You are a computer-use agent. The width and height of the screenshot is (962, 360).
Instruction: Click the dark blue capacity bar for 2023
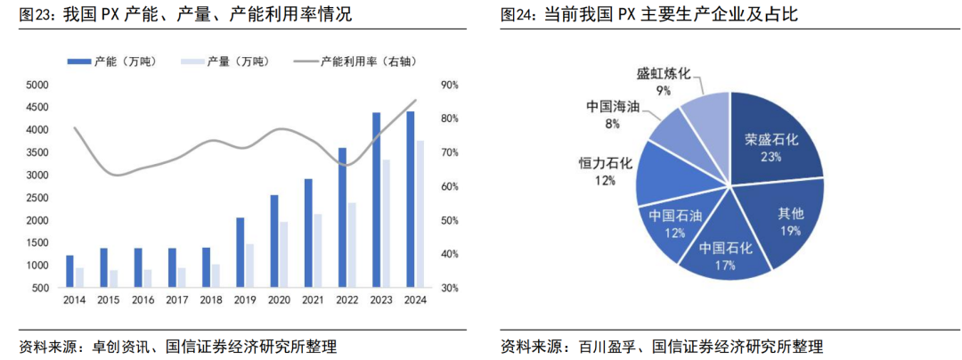[x=376, y=200]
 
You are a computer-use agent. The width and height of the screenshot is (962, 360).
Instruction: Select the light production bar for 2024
[x=420, y=214]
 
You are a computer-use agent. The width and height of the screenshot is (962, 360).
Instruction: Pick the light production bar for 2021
[x=317, y=250]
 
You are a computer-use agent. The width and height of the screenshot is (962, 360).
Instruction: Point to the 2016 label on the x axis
[x=143, y=299]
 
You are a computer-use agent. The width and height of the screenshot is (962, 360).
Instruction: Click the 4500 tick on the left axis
[x=37, y=107]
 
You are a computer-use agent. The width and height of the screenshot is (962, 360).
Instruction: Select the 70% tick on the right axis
[x=449, y=152]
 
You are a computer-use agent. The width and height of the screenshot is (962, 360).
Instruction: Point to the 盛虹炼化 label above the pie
[x=664, y=74]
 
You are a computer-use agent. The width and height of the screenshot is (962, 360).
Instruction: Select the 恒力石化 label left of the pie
[x=605, y=163]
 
